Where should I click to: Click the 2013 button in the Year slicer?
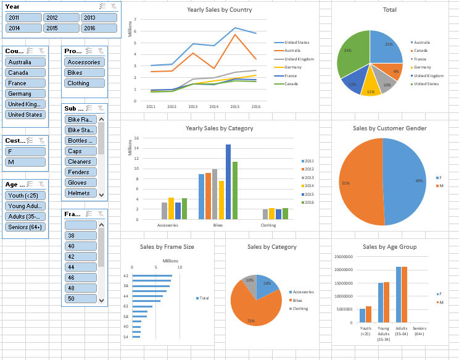point(98,18)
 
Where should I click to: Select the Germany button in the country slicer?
point(25,93)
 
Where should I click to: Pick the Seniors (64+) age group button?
point(25,227)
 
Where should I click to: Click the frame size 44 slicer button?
point(81,267)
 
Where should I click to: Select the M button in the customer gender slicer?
point(25,162)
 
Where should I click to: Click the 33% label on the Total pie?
point(348,51)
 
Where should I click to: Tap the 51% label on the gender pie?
point(345,183)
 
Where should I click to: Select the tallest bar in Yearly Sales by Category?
point(228,182)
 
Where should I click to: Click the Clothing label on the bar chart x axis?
point(268,225)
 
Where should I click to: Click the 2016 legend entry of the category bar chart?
point(309,202)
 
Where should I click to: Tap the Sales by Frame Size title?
point(167,246)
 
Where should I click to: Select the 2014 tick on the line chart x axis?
point(213,106)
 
